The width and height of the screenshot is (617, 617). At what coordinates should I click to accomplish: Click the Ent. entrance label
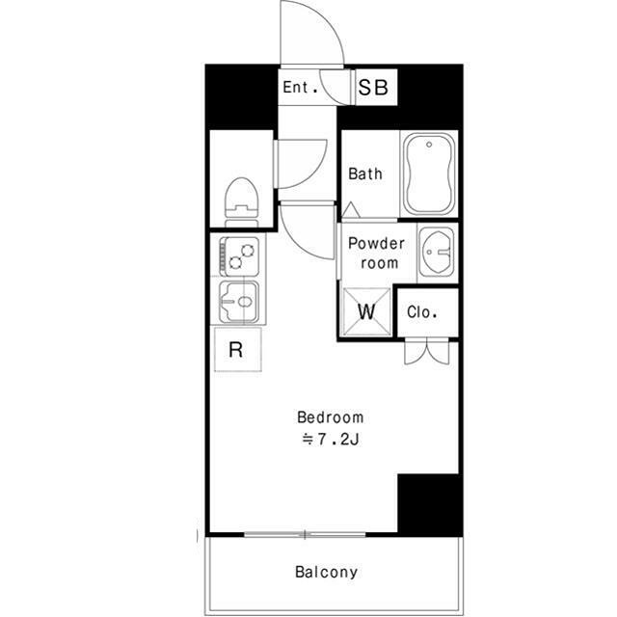coord(300,87)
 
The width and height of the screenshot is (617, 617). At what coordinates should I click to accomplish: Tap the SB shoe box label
coord(373,88)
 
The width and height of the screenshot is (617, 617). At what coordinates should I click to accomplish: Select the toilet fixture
coord(241,202)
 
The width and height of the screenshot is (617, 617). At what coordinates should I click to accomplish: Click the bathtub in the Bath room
coord(429,174)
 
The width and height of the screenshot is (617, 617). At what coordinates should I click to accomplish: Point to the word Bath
coord(365,174)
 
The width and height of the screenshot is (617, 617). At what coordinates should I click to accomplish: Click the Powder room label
coord(377,253)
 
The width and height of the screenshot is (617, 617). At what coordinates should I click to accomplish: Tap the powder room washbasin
coord(437,252)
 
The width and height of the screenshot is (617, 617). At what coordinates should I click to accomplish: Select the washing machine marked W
coord(366,312)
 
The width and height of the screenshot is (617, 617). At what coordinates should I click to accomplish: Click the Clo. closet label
coord(422,312)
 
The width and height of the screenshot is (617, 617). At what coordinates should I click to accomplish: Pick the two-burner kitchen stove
coord(240,256)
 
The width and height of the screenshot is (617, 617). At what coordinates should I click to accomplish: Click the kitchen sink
coord(239,302)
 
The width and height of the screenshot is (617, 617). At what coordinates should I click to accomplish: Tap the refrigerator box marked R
coord(238,349)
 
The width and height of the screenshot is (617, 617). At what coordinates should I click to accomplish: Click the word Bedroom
coord(330,417)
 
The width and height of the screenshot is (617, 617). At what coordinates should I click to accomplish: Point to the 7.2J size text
coord(330,440)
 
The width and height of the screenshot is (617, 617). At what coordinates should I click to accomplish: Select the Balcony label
coord(327,572)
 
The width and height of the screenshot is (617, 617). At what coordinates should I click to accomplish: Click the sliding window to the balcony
coord(305,534)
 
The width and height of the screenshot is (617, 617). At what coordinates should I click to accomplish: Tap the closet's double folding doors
coord(427,351)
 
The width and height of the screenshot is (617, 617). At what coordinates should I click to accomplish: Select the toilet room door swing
coord(301,163)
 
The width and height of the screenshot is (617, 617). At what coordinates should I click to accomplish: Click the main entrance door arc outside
coord(312,33)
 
